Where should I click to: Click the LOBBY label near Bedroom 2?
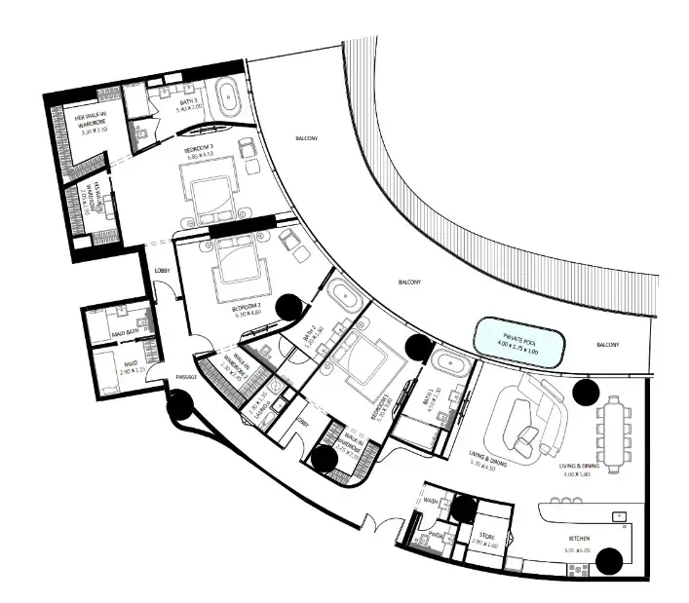click(x=162, y=271)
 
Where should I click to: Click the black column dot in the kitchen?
click(x=610, y=559)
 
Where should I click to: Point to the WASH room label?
click(x=431, y=502)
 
